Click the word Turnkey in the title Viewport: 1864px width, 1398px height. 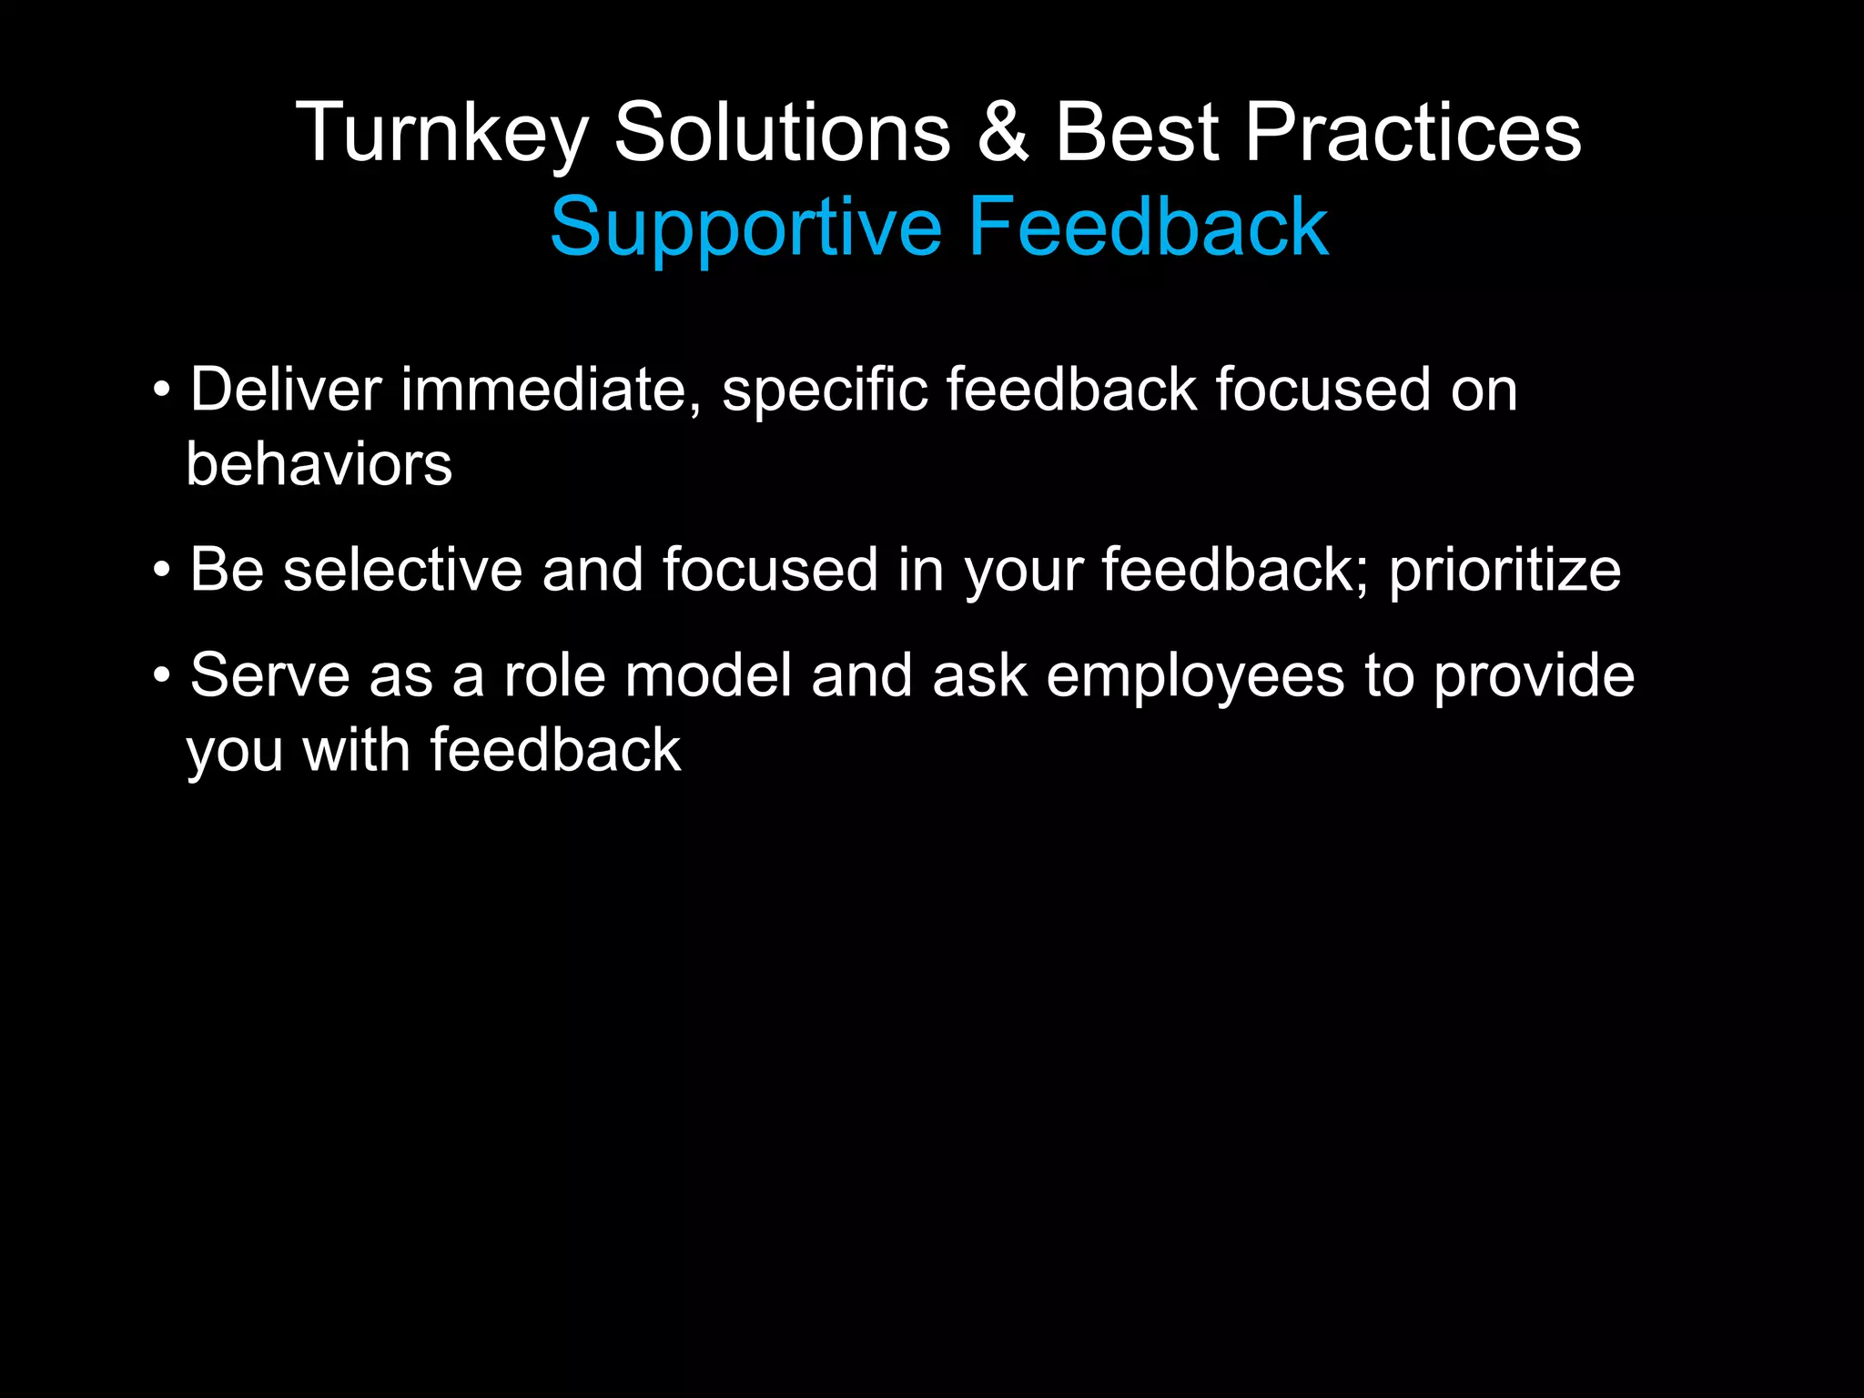coord(442,133)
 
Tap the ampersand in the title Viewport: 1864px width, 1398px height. coord(1003,133)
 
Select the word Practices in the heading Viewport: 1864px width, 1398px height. coord(1413,133)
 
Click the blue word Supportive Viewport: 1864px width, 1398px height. coord(745,228)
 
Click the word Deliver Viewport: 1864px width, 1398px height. coord(286,390)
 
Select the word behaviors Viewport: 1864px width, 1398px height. coord(319,464)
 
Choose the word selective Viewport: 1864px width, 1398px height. coord(402,570)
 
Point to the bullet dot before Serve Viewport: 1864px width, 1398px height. coord(162,676)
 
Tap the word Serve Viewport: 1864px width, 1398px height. coord(269,675)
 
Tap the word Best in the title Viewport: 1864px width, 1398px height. coord(1137,133)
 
